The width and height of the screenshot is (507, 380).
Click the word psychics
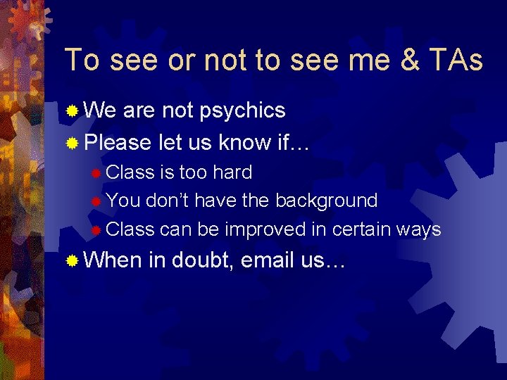click(x=243, y=110)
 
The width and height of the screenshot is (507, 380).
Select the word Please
click(x=118, y=142)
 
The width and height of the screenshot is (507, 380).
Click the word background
click(x=326, y=201)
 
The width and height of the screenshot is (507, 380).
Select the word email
click(x=268, y=260)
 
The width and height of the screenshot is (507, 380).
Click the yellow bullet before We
click(x=72, y=111)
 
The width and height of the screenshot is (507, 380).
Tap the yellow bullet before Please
click(x=72, y=143)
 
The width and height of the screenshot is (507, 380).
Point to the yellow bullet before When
click(x=72, y=261)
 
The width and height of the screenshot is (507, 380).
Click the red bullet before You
click(x=96, y=201)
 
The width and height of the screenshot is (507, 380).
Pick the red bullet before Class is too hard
click(x=96, y=173)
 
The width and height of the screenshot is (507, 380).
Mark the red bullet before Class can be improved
click(x=96, y=230)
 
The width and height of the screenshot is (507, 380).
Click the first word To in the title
click(x=82, y=61)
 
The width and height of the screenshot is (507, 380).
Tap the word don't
click(x=167, y=201)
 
